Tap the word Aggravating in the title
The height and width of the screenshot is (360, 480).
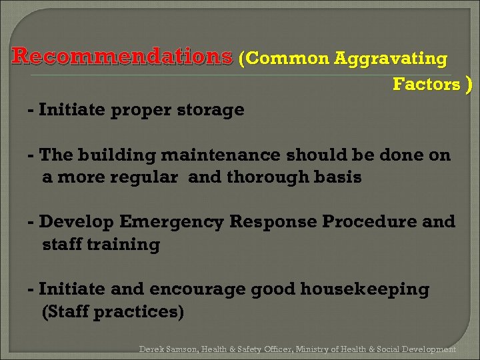click(x=391, y=59)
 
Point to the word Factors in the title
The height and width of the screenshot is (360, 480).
click(x=427, y=85)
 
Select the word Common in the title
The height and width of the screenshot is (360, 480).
click(x=288, y=59)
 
